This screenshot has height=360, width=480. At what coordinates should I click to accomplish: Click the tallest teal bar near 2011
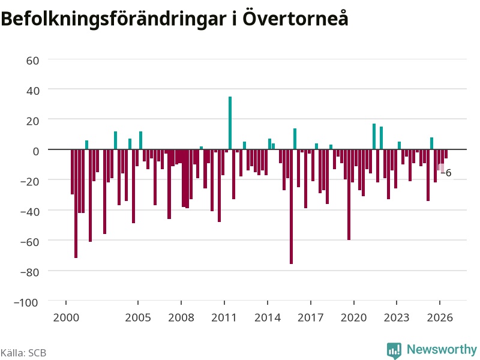click(x=230, y=123)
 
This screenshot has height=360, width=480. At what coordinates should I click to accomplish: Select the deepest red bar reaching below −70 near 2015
click(x=291, y=206)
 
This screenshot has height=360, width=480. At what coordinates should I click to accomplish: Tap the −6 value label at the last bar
click(x=446, y=173)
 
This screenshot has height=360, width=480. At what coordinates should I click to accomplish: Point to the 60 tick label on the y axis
click(x=32, y=61)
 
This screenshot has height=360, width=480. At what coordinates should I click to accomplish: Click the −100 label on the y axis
click(x=26, y=302)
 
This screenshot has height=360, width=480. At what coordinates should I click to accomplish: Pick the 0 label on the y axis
click(x=36, y=151)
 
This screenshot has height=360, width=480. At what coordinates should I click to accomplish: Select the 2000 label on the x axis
click(x=66, y=317)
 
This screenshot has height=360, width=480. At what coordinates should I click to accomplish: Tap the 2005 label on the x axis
click(x=138, y=317)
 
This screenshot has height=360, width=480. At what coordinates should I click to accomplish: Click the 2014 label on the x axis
click(x=268, y=317)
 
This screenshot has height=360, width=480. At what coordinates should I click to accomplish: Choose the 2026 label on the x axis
click(x=440, y=317)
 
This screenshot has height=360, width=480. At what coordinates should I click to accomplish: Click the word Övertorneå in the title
click(x=295, y=18)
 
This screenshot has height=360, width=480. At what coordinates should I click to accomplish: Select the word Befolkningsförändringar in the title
click(x=114, y=19)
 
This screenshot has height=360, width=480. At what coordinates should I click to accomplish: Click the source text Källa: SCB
click(x=23, y=353)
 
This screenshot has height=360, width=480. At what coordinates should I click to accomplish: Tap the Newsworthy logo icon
click(x=394, y=350)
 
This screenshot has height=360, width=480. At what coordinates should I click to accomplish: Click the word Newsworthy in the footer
click(x=442, y=349)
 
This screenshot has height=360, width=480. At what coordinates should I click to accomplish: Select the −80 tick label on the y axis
click(x=29, y=272)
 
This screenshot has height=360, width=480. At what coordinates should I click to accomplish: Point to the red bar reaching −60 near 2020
click(x=349, y=194)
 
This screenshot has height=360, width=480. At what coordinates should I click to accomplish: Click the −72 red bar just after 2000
click(x=76, y=203)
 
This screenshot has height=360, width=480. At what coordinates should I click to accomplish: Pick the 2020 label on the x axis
click(x=353, y=317)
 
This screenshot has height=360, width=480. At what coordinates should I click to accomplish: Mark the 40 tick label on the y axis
click(x=32, y=91)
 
